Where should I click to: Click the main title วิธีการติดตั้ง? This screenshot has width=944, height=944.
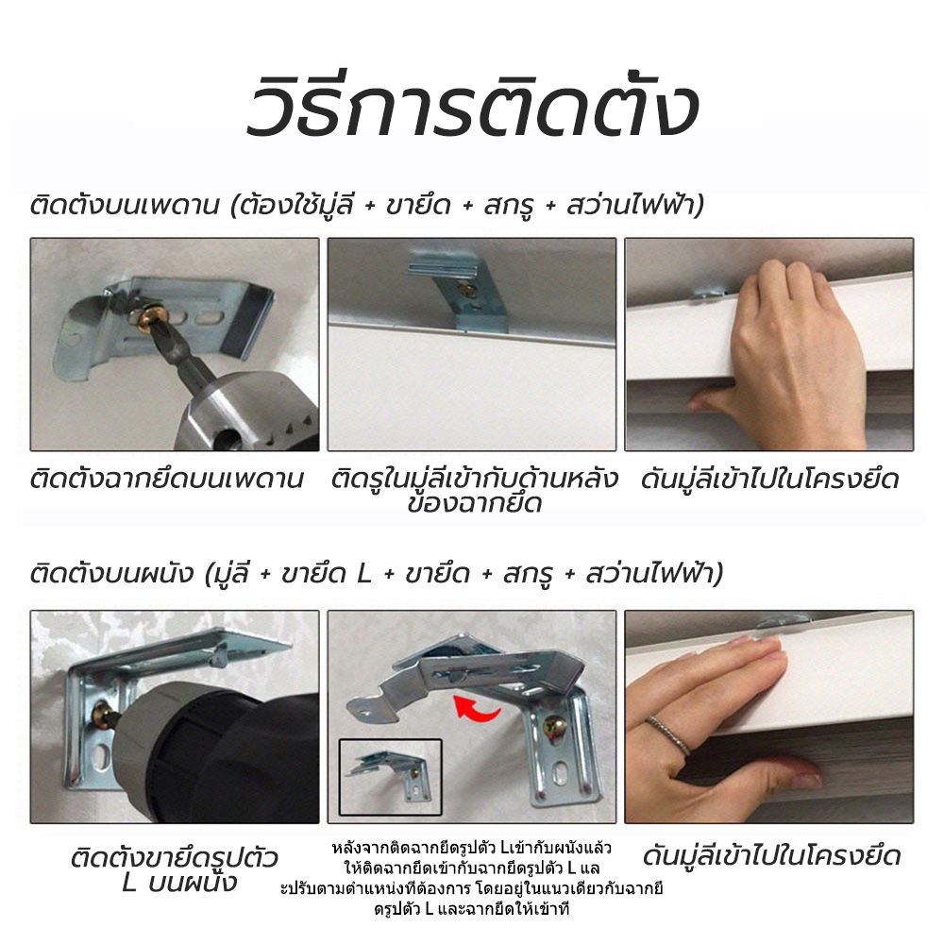click(473, 107)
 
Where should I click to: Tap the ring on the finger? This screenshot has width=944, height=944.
click(667, 734)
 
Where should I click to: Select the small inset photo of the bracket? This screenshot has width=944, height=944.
click(391, 777)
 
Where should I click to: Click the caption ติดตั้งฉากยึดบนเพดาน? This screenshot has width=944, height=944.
click(167, 480)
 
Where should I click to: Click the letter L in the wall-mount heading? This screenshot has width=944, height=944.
click(364, 574)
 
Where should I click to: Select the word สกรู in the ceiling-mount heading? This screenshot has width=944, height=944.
click(508, 207)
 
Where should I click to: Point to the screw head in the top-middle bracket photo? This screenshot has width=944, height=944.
click(466, 291)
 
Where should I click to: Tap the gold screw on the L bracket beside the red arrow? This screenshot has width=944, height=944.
click(552, 725)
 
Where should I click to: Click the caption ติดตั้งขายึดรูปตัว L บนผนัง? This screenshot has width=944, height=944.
click(175, 870)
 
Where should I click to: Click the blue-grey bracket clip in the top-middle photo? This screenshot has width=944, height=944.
click(461, 290)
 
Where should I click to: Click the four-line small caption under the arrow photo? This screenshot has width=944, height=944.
click(472, 878)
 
